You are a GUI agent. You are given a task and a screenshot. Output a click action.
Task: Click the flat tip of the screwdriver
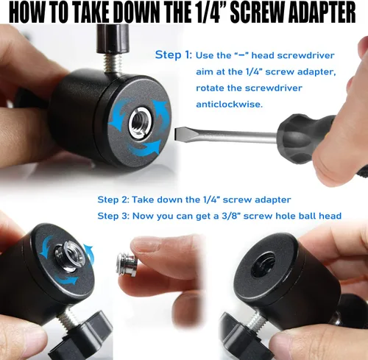176,135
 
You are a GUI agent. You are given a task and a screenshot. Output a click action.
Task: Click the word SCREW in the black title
258,12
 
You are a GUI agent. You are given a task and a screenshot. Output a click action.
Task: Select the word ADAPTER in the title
322,12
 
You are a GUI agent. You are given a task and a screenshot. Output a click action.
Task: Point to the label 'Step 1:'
174,54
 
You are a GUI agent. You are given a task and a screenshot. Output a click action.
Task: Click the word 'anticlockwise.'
229,105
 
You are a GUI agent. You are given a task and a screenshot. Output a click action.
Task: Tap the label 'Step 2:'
113,200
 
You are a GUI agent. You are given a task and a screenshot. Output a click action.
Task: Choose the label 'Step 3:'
113,216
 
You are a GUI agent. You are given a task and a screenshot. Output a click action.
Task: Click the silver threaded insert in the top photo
138,122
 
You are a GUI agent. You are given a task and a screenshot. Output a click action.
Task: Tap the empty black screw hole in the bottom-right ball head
263,265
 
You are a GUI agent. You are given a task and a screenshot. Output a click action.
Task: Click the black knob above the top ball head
113,39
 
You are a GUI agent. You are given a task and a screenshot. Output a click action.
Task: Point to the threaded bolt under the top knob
113,63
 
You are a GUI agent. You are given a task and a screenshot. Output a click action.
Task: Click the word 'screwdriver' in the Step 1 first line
305,55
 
